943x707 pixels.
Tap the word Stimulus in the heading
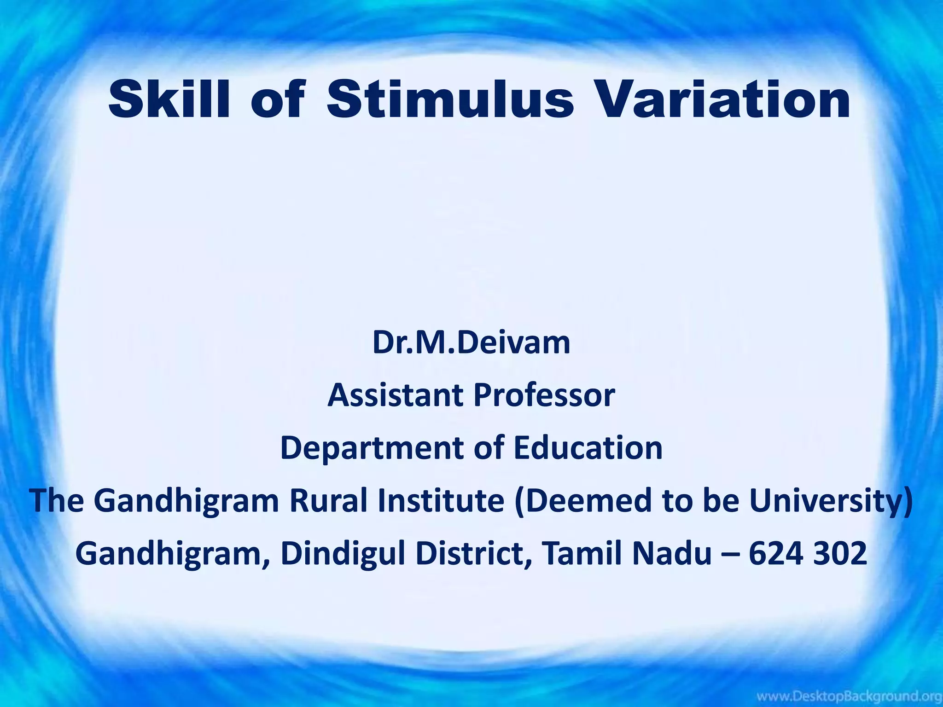tap(450, 99)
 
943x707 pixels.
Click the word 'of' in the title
tap(278, 99)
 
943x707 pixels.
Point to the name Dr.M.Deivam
tap(471, 343)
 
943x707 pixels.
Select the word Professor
tap(545, 395)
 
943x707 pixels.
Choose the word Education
tap(588, 448)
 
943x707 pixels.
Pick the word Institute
tap(441, 500)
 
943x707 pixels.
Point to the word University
tap(827, 500)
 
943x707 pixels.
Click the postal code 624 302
tap(808, 553)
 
